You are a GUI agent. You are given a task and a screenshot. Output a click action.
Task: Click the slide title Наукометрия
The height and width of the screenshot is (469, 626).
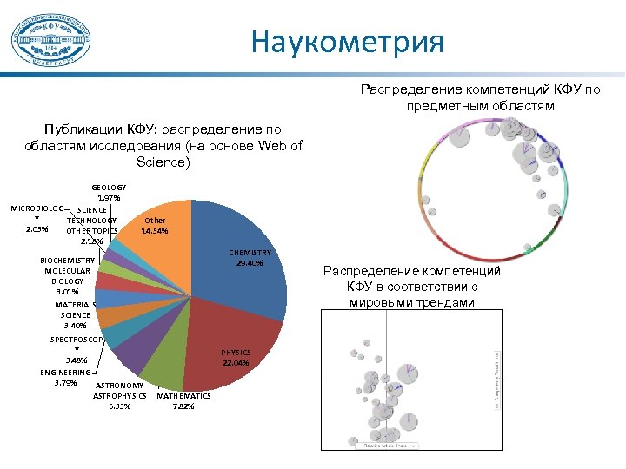point(348,42)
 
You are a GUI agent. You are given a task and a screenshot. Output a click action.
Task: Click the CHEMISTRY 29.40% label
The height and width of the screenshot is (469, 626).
point(250,258)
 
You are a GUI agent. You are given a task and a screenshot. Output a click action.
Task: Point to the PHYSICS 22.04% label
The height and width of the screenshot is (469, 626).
point(235,357)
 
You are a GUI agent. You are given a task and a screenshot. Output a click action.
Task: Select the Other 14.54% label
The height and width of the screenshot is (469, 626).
point(155,227)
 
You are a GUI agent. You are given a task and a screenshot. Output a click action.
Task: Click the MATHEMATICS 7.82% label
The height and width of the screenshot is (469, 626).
point(183,400)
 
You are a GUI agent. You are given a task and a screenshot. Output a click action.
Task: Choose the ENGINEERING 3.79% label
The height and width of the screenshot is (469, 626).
point(65,377)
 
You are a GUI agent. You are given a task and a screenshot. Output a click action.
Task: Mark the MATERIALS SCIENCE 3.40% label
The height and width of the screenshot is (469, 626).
point(75,315)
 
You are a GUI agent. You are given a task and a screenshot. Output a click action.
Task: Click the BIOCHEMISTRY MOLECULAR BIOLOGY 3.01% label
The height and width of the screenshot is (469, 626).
point(67,275)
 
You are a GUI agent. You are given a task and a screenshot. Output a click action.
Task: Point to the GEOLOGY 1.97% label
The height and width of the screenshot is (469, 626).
point(109,193)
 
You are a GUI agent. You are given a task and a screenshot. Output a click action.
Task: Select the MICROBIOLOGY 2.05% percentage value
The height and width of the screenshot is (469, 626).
point(37,229)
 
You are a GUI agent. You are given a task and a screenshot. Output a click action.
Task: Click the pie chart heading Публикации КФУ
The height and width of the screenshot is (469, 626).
point(163,146)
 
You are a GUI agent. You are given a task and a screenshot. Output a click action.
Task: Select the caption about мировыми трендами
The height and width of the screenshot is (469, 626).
point(411,287)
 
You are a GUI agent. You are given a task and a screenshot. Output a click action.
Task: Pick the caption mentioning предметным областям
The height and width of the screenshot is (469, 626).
point(492,97)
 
